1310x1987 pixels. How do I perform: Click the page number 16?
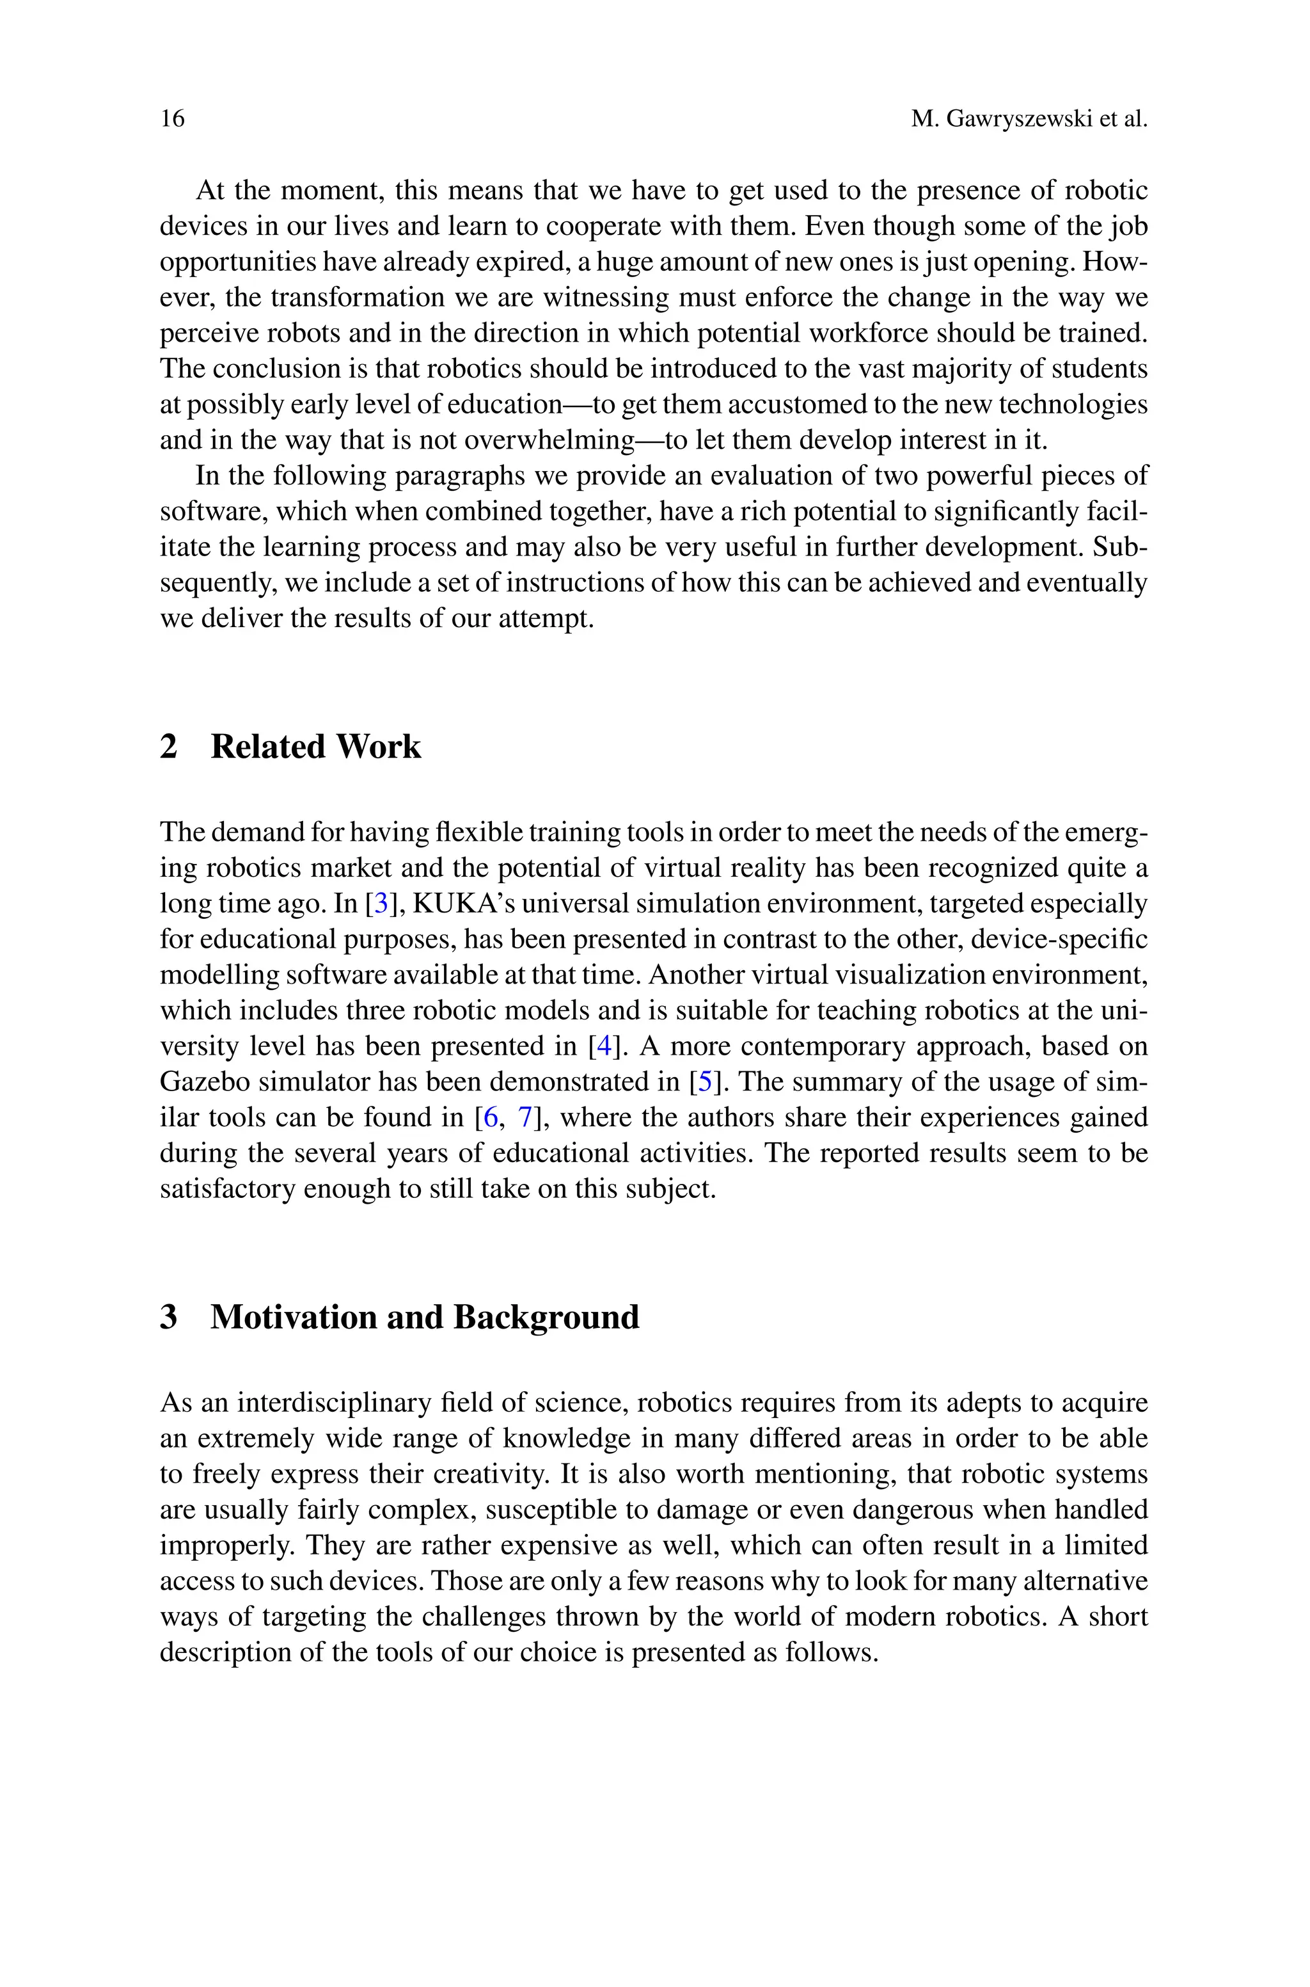[172, 118]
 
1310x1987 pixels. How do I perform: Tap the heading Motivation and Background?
[425, 1317]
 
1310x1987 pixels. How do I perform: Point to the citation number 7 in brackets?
[526, 1118]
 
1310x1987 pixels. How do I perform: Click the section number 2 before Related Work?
[169, 746]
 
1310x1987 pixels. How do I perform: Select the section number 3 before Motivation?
[169, 1317]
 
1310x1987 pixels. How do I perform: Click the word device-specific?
[1062, 939]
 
